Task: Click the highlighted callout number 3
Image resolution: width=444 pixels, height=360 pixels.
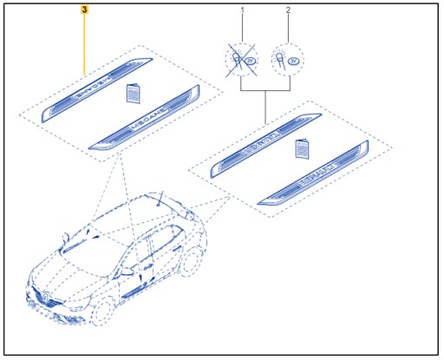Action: click(84, 10)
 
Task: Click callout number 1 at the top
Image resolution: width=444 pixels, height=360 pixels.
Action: click(242, 10)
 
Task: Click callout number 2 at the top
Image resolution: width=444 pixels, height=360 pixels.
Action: click(289, 10)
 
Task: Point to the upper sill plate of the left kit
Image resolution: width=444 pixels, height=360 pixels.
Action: click(98, 88)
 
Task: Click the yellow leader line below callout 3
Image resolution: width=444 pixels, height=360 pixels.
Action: click(84, 43)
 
